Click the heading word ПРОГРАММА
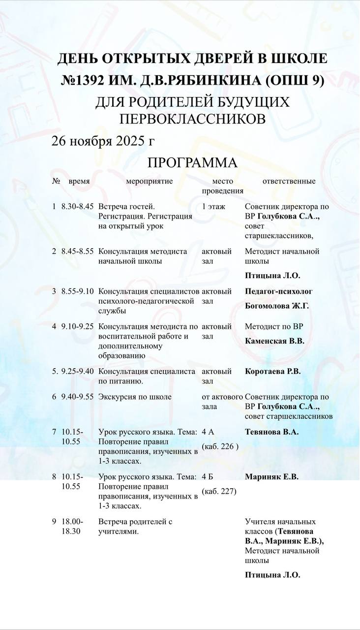click(192, 163)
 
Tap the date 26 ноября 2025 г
click(103, 141)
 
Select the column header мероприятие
click(149, 181)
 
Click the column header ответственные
click(289, 181)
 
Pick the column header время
click(79, 181)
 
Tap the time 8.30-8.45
click(77, 207)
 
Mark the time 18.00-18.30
click(72, 527)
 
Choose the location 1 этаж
click(213, 207)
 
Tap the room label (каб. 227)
click(219, 491)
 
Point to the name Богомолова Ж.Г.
click(277, 306)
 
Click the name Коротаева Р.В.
click(272, 371)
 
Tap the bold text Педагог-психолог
click(278, 291)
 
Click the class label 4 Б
click(208, 476)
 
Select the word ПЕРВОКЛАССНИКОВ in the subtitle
click(192, 119)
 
